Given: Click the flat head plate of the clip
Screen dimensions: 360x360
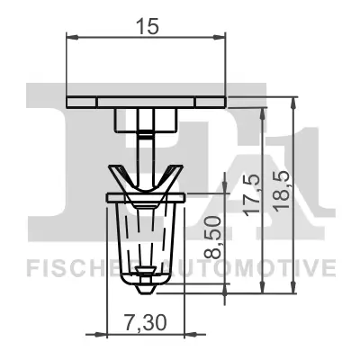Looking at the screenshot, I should point(146,100).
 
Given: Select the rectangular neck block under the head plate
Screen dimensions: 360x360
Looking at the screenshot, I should point(146,119).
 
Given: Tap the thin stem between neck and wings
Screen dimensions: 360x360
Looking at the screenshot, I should point(146,148).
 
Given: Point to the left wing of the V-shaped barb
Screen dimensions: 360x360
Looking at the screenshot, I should point(119,175).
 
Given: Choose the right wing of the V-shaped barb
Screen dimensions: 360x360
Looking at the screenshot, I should point(173,175).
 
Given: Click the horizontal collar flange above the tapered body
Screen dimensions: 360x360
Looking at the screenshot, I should point(146,195).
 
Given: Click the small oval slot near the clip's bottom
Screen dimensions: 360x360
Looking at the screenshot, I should point(146,269).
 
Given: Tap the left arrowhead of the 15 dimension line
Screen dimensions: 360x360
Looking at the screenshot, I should point(72,38).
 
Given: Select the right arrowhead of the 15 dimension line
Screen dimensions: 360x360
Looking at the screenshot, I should point(220,38).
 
